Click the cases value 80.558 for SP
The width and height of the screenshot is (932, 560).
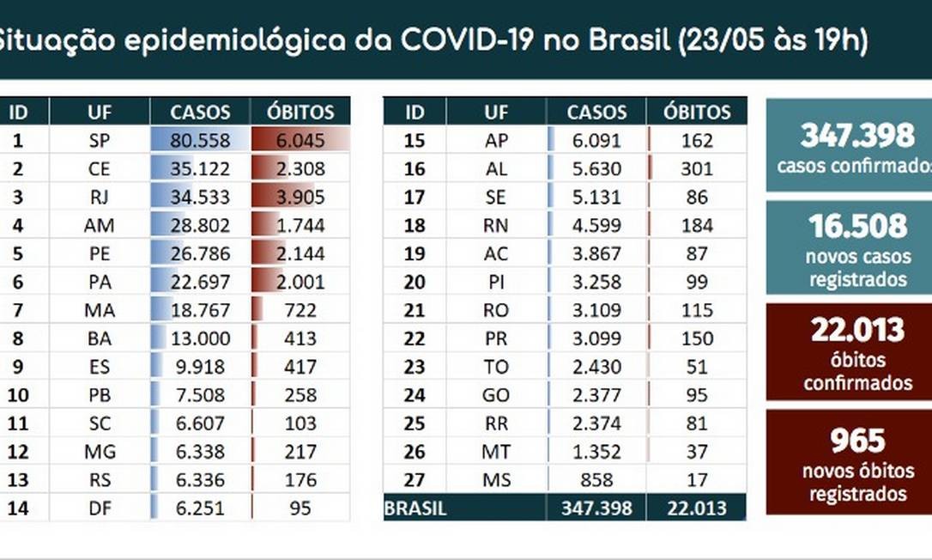click(x=201, y=141)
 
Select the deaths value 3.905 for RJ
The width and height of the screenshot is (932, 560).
click(x=300, y=198)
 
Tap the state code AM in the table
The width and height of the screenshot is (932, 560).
click(x=100, y=226)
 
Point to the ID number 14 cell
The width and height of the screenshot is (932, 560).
click(x=18, y=508)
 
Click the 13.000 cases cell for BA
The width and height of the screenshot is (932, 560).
click(x=201, y=338)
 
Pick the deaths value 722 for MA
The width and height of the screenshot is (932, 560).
click(x=300, y=310)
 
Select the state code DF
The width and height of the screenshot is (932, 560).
click(x=100, y=508)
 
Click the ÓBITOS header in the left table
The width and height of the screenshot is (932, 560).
click(x=300, y=112)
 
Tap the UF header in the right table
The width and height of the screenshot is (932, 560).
click(x=495, y=112)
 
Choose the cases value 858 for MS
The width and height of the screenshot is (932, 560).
click(x=599, y=479)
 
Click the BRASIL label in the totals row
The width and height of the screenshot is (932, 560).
click(x=415, y=508)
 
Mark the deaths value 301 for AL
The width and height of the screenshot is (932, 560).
click(x=696, y=169)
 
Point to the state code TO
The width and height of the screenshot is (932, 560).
click(x=496, y=367)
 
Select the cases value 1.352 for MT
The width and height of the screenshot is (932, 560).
click(x=599, y=451)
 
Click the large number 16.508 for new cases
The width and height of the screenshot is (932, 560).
click(x=845, y=227)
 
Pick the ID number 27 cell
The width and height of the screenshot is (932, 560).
click(x=415, y=479)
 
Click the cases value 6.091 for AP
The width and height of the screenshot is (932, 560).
click(x=599, y=141)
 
